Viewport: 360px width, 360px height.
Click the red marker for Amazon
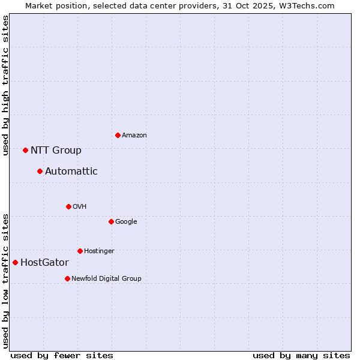(118, 135)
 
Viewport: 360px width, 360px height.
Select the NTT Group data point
(25, 150)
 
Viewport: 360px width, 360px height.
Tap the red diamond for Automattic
(40, 171)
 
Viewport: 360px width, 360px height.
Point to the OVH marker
(68, 206)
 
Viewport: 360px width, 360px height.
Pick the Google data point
(111, 221)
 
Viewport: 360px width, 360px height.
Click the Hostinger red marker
(80, 251)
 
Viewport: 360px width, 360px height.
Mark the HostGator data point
(15, 262)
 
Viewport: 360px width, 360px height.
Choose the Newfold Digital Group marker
(67, 278)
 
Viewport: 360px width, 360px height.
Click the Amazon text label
(134, 136)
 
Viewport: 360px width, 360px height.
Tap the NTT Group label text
(56, 151)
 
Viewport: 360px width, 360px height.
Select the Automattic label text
(71, 172)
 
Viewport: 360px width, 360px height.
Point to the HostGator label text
(44, 263)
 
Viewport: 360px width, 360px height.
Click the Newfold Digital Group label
(106, 278)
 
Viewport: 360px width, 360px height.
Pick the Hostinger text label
(99, 251)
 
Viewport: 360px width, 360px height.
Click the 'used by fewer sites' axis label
(62, 355)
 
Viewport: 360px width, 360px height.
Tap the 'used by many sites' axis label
(301, 355)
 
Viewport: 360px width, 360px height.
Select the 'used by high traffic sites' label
(5, 85)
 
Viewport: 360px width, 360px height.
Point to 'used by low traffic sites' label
(5, 281)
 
